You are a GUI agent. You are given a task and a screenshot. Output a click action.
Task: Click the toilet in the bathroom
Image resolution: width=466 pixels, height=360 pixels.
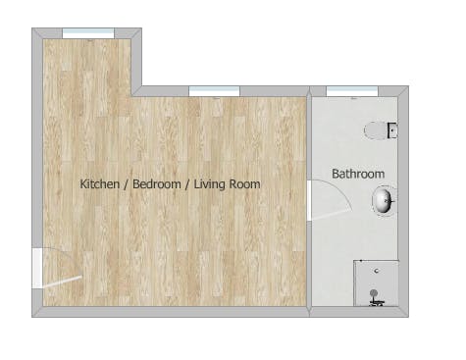(x=378, y=129)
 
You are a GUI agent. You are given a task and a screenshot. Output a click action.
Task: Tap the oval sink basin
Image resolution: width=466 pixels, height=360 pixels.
(x=384, y=202)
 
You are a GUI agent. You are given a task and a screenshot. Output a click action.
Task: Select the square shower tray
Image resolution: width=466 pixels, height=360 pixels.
(x=376, y=283)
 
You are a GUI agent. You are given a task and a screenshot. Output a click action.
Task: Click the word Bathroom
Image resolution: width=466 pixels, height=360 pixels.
(x=357, y=174)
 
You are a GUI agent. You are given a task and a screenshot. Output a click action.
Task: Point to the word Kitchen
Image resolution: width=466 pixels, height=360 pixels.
(x=99, y=183)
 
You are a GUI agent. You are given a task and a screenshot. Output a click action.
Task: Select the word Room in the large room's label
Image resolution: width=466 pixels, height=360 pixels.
(x=246, y=183)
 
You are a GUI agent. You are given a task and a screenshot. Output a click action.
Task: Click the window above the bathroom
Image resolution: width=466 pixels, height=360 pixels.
(x=351, y=91)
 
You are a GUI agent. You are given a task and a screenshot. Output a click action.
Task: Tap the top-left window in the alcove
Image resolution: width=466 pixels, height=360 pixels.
(x=88, y=33)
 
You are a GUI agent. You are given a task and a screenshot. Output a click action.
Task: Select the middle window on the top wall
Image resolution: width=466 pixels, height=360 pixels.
(x=214, y=91)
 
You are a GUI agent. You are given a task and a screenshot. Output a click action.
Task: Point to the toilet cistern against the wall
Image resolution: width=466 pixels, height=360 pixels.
(x=392, y=129)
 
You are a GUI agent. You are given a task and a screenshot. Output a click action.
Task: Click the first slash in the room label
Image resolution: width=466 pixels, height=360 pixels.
(x=126, y=183)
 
